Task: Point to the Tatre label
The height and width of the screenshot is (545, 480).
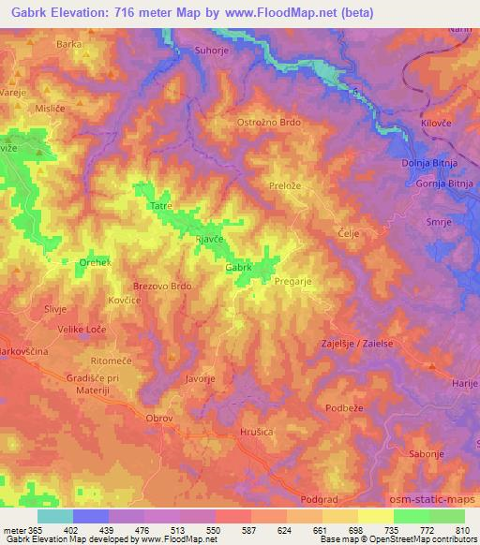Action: (160, 205)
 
